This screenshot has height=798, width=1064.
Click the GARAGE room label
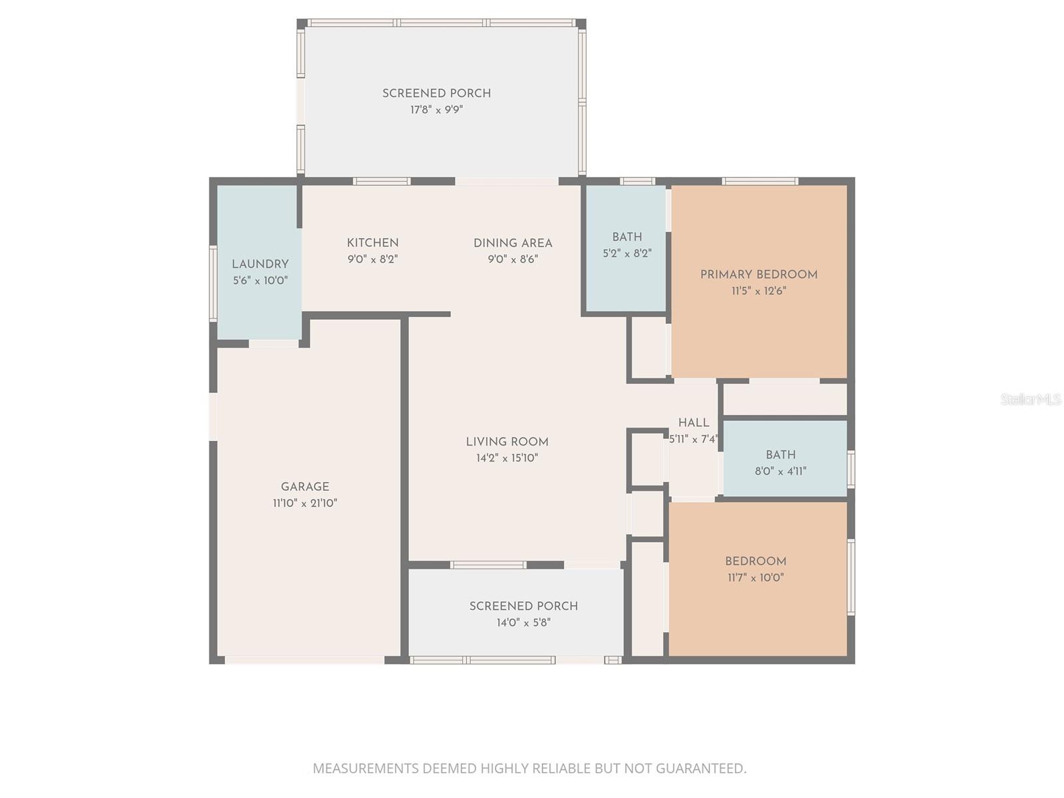(x=305, y=487)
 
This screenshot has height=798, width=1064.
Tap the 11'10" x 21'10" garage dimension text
(x=305, y=503)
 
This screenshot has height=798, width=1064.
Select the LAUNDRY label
(x=260, y=264)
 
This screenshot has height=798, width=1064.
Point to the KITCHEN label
(x=372, y=243)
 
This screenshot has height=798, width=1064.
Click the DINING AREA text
(x=513, y=243)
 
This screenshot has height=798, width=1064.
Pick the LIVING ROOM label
(x=507, y=442)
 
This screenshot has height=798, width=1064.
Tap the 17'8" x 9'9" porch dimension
(x=436, y=110)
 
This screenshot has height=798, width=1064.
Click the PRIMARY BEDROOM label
(x=758, y=275)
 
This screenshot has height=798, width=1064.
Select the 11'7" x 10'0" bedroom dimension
(x=755, y=578)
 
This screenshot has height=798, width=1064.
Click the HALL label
(x=694, y=423)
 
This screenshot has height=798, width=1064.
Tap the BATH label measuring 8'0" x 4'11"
(x=780, y=455)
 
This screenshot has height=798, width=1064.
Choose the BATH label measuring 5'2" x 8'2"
(x=626, y=237)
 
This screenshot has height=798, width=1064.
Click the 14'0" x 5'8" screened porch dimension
(x=523, y=623)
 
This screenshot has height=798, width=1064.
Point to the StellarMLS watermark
(x=1031, y=400)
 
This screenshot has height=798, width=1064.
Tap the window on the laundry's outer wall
(x=213, y=283)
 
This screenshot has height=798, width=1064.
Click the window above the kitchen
(x=381, y=181)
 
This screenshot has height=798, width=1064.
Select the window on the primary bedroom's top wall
(x=759, y=181)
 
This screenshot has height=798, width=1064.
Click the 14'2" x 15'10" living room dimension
(x=507, y=458)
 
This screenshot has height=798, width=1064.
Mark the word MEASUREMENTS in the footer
(x=366, y=769)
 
